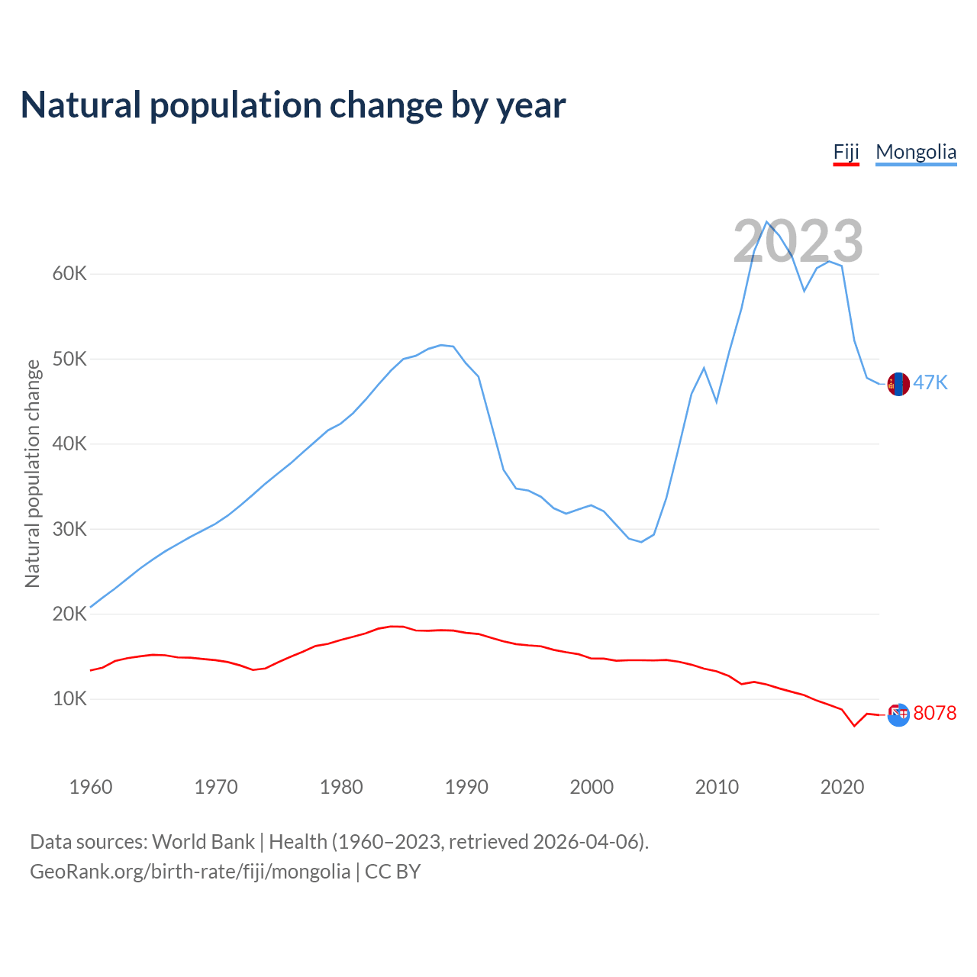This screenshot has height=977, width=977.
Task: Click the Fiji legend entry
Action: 846,152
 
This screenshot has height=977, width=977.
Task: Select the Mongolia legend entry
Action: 916,152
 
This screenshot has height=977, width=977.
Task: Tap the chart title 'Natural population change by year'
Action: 293,105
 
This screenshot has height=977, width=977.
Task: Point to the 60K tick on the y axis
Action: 69,273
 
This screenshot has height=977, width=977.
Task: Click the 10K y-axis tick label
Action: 69,698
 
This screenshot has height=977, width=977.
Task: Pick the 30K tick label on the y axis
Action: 69,528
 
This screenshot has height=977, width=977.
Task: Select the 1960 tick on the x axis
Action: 91,787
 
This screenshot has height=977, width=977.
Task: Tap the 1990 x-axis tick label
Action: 466,787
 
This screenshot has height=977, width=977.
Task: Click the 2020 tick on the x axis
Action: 842,787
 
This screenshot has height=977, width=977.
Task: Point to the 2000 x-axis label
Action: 592,787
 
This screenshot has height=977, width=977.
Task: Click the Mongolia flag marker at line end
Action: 898,384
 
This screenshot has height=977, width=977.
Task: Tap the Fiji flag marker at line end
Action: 898,714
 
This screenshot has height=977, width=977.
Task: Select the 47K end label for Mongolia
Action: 930,383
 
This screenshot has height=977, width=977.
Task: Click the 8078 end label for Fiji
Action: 934,713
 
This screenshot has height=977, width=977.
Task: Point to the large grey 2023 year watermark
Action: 798,241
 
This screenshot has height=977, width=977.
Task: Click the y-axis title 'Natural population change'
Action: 33,473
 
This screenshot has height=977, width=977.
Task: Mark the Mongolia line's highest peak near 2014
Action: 767,221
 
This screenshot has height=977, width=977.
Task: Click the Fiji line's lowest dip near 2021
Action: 854,725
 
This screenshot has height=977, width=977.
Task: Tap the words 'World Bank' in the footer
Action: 203,842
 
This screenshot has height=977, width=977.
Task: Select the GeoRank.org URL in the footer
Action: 190,872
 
